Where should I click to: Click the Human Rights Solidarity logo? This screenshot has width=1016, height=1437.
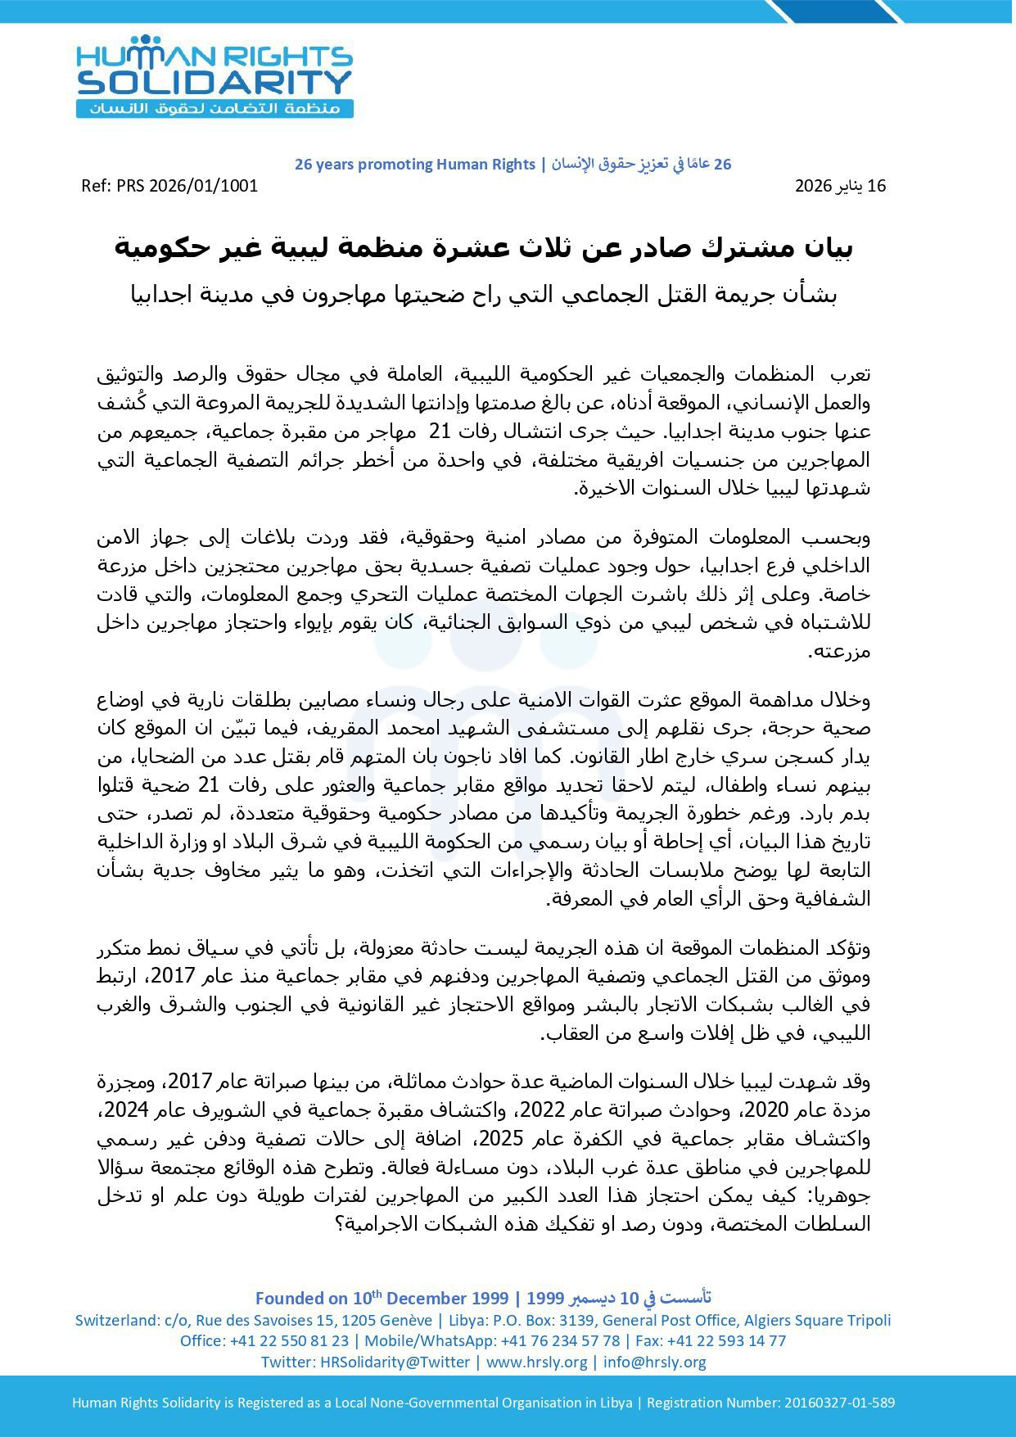[214, 77]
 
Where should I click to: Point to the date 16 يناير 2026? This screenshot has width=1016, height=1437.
[840, 186]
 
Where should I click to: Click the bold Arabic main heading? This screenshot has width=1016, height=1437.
[484, 247]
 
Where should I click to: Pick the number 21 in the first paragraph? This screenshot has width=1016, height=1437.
[441, 432]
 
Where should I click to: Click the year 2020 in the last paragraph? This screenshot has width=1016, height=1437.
[770, 1110]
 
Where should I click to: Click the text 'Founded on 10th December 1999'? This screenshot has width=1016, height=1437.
[382, 1299]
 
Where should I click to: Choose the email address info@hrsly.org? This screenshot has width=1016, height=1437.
[655, 1362]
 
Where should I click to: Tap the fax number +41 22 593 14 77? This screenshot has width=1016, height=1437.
[727, 1341]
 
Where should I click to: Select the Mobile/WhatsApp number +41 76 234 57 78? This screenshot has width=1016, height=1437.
[560, 1341]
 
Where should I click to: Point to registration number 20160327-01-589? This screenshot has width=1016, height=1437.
[839, 1403]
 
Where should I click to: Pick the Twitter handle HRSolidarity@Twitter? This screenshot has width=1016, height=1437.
[395, 1362]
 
